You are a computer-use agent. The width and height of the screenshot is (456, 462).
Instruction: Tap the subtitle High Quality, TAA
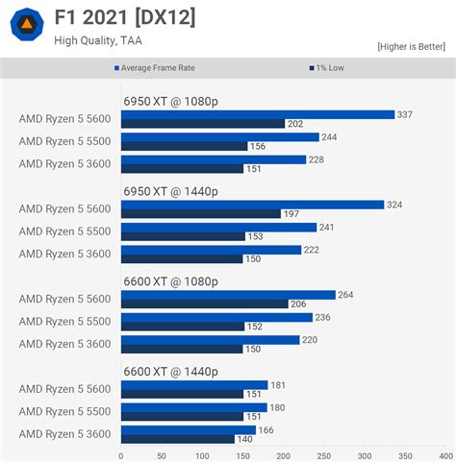click(99, 40)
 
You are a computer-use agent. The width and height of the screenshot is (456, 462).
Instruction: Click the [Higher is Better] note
click(412, 46)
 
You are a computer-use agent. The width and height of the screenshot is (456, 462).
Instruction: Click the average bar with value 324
click(252, 205)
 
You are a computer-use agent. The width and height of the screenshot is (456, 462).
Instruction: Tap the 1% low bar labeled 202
click(203, 124)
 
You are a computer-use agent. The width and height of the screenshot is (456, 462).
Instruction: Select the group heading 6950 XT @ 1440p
click(170, 191)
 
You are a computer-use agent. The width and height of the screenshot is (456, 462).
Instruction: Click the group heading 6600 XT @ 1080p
click(170, 281)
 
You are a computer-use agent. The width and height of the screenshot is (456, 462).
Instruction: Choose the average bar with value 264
click(228, 295)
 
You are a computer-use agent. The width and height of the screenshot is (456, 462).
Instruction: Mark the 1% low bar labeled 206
click(204, 304)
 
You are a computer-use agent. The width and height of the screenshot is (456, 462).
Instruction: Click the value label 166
click(266, 430)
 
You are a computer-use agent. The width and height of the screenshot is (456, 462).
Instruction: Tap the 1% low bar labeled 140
click(177, 439)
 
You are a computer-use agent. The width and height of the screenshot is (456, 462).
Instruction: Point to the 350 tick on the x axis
click(405, 456)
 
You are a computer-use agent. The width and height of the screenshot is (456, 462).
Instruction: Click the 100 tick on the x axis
click(202, 456)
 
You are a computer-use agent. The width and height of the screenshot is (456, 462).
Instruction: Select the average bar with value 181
click(194, 385)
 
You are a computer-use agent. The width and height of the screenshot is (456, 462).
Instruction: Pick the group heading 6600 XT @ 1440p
click(170, 372)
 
